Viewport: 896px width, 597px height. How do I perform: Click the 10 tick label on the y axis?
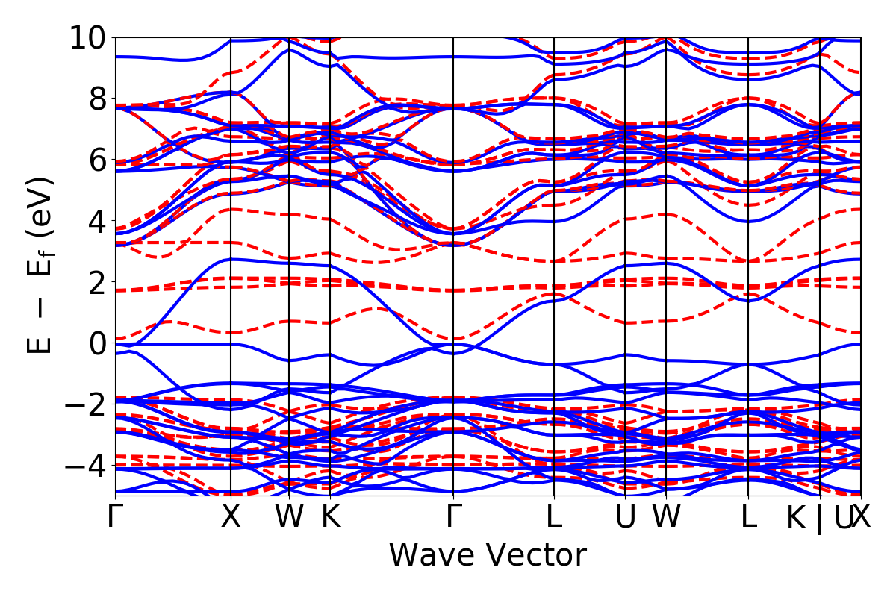pyautogui.click(x=88, y=37)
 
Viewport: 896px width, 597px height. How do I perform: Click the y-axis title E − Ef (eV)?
pyautogui.click(x=42, y=265)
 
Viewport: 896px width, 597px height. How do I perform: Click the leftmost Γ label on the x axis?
pyautogui.click(x=115, y=517)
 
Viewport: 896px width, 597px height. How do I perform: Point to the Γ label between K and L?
pyautogui.click(x=453, y=517)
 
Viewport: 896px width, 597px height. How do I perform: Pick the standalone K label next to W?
pyautogui.click(x=330, y=517)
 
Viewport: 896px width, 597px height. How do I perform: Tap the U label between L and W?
pyautogui.click(x=625, y=517)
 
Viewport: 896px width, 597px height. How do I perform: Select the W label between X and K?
pyautogui.click(x=288, y=517)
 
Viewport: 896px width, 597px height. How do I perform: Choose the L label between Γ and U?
pyautogui.click(x=554, y=517)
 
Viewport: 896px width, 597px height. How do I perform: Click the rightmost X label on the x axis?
pyautogui.click(x=862, y=517)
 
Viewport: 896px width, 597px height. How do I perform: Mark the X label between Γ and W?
pyautogui.click(x=231, y=517)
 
